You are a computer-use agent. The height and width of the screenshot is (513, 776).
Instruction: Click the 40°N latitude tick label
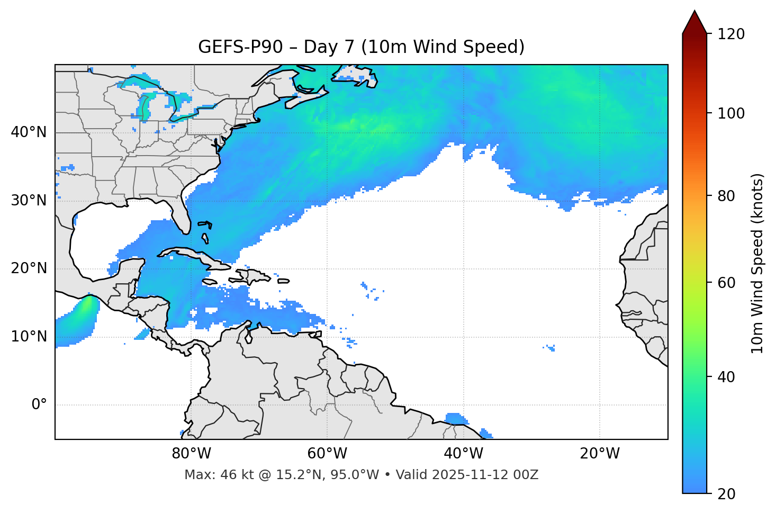pyautogui.click(x=29, y=132)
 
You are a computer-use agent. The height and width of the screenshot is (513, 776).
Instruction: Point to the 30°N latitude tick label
pyautogui.click(x=29, y=201)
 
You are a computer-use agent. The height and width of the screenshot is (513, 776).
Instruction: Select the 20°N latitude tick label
pyautogui.click(x=29, y=268)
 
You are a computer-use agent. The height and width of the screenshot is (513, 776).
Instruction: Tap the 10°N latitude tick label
pyautogui.click(x=29, y=337)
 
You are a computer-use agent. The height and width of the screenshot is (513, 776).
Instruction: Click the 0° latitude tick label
pyautogui.click(x=39, y=405)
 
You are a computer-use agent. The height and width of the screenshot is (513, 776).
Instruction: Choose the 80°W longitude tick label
pyautogui.click(x=191, y=454)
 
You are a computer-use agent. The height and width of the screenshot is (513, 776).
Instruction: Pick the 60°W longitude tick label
pyautogui.click(x=327, y=454)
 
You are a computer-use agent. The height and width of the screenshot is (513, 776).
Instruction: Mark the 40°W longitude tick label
pyautogui.click(x=463, y=454)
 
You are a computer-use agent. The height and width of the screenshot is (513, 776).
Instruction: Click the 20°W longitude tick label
pyautogui.click(x=599, y=454)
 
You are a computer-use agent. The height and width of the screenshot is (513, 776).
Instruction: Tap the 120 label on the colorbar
pyautogui.click(x=732, y=34)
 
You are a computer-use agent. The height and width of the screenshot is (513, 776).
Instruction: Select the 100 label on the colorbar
pyautogui.click(x=732, y=113)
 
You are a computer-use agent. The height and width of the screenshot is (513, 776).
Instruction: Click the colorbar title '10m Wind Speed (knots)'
pyautogui.click(x=757, y=263)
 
